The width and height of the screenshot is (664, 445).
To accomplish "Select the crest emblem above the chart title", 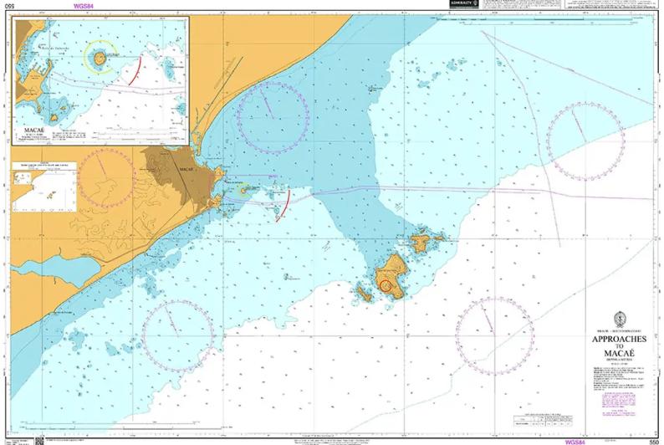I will [619, 320].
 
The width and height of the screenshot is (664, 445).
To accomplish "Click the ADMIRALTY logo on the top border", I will [463, 4].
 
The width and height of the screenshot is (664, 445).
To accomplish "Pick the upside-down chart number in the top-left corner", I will [8, 7].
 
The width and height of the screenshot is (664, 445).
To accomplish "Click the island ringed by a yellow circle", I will [100, 58].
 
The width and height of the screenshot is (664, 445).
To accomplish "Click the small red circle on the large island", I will [386, 285].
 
